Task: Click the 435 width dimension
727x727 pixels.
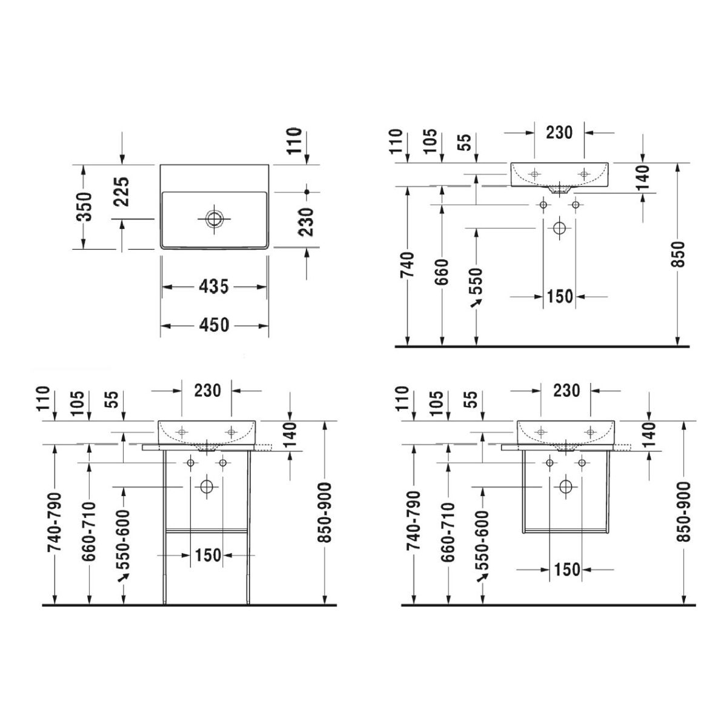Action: (213, 287)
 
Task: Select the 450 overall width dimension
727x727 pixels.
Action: (214, 325)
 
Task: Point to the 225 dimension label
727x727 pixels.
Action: (122, 191)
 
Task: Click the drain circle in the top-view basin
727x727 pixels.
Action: (214, 218)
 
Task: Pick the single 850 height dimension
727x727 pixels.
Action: (677, 254)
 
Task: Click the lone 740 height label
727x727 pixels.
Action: (407, 264)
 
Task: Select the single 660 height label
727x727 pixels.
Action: (442, 271)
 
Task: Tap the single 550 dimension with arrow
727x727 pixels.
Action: (476, 286)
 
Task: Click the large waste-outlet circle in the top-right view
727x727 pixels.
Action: (559, 228)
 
